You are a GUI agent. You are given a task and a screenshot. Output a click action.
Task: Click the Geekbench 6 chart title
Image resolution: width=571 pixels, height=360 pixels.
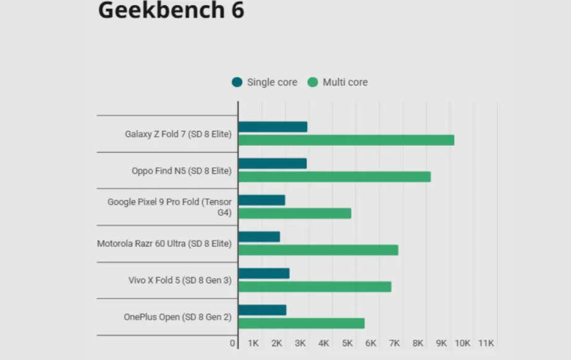171,10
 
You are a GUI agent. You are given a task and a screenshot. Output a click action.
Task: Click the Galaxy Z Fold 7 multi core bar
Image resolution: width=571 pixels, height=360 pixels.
346,140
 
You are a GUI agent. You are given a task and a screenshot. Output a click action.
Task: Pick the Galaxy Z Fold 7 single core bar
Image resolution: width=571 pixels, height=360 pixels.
273,127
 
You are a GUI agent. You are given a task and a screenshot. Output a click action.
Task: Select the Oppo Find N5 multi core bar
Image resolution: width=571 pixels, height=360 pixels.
334,177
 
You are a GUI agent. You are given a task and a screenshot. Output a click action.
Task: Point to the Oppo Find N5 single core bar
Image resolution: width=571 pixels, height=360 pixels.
272,163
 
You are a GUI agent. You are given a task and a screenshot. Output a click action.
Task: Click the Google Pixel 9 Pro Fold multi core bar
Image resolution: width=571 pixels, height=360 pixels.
295,213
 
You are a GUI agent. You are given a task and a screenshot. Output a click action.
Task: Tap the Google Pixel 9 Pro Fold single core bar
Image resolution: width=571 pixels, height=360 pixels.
261,200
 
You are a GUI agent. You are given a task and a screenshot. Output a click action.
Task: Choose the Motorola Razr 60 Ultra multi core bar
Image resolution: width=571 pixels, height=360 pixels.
318,249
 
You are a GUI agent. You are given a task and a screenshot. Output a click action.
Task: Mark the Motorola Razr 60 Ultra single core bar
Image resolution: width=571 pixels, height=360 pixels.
259,237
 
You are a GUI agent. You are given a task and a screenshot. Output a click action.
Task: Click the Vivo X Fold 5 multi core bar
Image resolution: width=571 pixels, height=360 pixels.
315,287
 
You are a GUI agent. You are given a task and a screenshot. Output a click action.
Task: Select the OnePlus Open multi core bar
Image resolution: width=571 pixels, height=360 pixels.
301,323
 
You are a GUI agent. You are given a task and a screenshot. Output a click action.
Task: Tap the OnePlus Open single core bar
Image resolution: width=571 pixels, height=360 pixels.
262,310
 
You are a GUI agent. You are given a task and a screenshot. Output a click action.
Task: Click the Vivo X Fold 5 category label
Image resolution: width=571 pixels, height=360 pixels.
180,280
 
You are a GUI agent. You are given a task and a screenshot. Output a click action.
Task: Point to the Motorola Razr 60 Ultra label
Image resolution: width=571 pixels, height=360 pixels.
164,243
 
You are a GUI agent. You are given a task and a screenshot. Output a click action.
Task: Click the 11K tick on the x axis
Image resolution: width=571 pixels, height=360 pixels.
486,343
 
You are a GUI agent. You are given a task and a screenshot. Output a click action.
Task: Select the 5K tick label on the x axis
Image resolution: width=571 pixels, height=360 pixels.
347,343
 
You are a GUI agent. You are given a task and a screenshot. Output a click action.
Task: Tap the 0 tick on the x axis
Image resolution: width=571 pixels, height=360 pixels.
233,343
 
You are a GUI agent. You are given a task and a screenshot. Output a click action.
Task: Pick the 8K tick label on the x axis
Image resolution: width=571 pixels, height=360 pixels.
418,343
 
